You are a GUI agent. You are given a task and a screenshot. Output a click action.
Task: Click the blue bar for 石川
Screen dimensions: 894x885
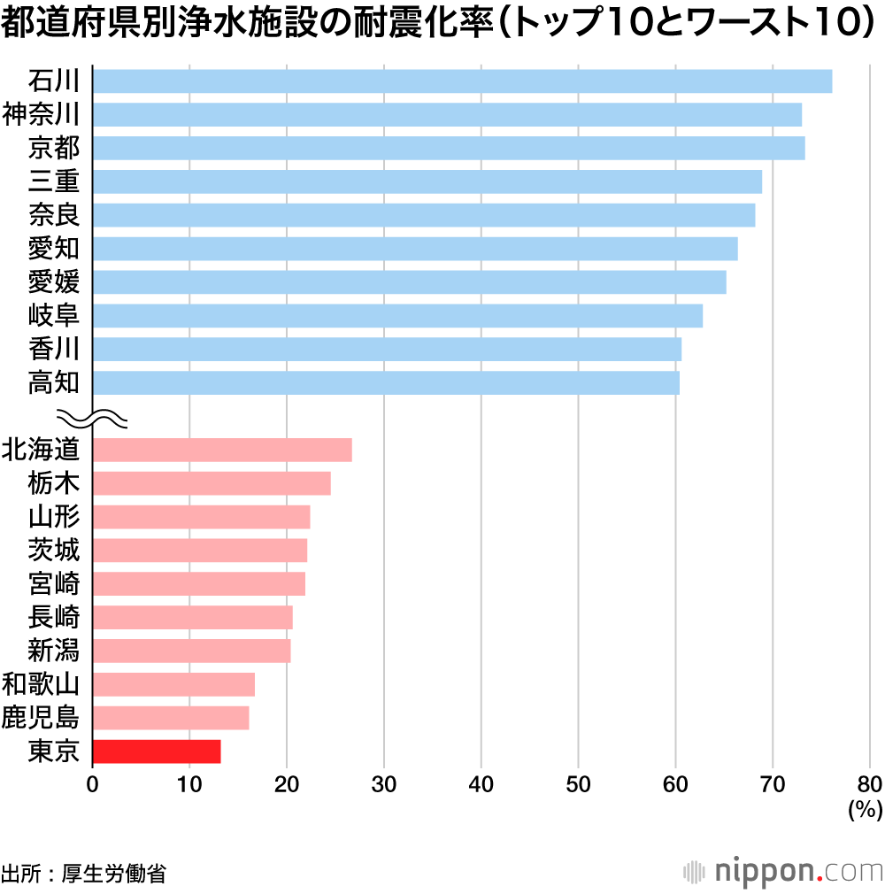[x=462, y=81]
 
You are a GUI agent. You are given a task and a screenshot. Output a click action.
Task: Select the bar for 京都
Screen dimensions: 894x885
[x=449, y=148]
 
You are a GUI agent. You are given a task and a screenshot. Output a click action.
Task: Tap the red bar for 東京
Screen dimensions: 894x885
[x=157, y=751]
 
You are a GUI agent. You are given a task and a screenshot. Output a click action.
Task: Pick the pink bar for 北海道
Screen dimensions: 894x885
[x=222, y=450]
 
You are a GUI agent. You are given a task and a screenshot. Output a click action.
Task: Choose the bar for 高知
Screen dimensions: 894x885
[x=386, y=382]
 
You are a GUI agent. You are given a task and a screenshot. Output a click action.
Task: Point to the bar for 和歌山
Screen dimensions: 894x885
[x=173, y=684]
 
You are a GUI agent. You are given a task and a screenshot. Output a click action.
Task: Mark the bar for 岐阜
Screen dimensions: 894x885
[x=397, y=315]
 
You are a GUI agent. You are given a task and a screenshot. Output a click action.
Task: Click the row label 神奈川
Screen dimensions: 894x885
[x=42, y=114]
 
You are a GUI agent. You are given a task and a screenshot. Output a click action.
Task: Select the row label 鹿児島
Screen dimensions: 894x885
[x=42, y=718]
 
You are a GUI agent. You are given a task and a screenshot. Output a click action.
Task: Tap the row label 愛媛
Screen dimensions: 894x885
[x=54, y=281]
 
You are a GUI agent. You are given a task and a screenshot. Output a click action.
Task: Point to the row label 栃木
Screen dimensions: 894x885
[x=54, y=483]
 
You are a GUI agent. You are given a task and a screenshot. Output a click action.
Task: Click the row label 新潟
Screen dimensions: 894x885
[x=54, y=651]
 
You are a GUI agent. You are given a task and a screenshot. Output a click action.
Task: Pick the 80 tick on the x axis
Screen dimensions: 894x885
[x=869, y=783]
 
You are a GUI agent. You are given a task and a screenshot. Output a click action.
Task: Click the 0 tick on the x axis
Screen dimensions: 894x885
[x=93, y=783]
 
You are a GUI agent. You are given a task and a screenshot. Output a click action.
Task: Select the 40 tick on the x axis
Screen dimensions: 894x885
[x=481, y=783]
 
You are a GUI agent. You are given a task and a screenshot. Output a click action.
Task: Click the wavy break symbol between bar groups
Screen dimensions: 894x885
[x=93, y=416]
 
